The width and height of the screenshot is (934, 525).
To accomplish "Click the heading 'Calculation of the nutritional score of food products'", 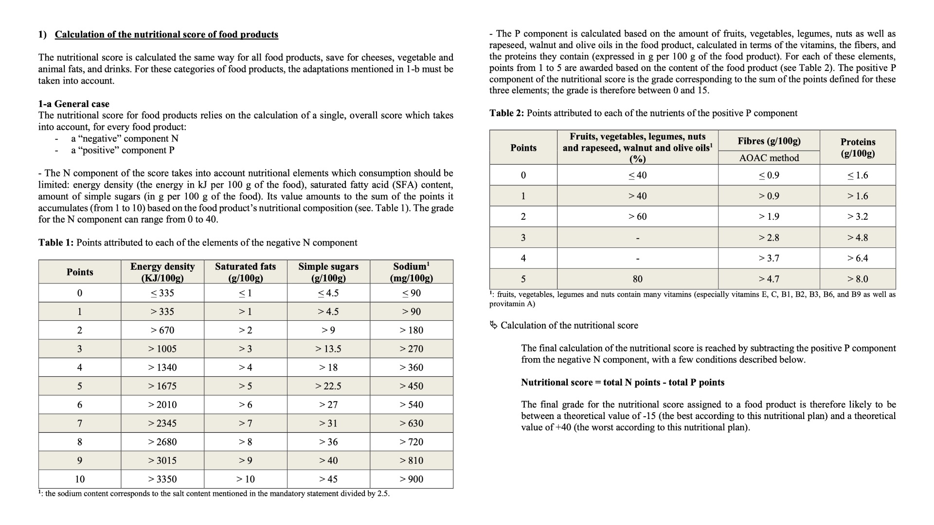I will click(x=166, y=35).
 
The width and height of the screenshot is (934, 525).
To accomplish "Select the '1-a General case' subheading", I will click(x=74, y=104).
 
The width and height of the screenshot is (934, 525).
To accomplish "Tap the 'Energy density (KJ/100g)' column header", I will click(x=162, y=272).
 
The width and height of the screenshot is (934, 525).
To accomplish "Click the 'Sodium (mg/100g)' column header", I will click(x=412, y=272).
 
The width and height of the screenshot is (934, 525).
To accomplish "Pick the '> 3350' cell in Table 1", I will click(x=162, y=479).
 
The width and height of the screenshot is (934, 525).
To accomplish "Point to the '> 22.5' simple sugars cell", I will click(x=328, y=386).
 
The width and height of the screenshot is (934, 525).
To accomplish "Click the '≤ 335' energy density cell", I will click(x=162, y=293).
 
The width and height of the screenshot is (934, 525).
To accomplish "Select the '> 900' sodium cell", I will click(x=412, y=479).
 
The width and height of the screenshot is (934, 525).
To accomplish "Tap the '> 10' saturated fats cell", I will click(x=246, y=479).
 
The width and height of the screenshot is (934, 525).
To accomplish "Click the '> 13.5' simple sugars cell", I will click(x=328, y=349).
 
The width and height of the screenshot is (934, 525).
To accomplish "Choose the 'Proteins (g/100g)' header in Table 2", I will click(x=858, y=148).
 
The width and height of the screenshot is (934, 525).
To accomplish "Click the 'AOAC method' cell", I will click(x=769, y=158).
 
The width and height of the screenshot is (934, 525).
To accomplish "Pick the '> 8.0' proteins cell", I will click(x=858, y=279).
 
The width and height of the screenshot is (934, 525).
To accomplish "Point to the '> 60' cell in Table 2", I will click(x=637, y=217).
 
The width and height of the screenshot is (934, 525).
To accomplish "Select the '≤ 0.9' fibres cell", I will click(x=769, y=175).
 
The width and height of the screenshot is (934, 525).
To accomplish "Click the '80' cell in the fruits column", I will click(x=637, y=279).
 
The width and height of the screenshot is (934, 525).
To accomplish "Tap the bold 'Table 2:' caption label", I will click(x=506, y=113).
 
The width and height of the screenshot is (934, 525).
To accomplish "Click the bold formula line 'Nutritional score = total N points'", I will click(x=623, y=383).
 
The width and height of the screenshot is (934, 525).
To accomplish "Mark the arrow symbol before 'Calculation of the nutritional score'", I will click(x=494, y=325).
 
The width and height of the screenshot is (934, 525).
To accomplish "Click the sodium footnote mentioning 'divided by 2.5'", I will click(x=214, y=494).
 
